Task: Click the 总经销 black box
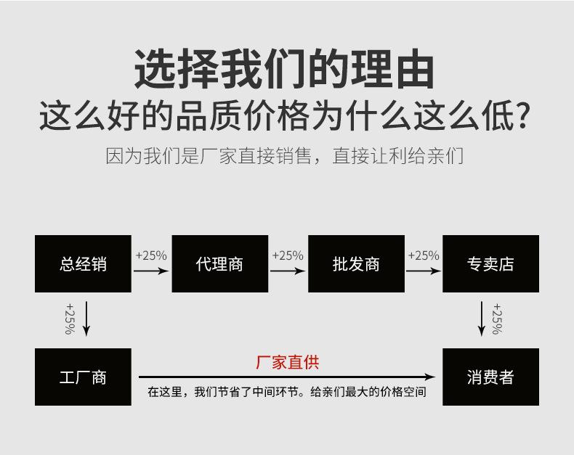[83, 263]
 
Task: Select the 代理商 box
[219, 263]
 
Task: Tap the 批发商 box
[356, 263]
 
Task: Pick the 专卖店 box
[490, 263]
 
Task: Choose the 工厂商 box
[83, 377]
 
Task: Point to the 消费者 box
[490, 377]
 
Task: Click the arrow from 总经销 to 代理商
[151, 271]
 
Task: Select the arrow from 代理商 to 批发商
[288, 271]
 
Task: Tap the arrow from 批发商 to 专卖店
[424, 271]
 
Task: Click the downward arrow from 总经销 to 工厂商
[86, 319]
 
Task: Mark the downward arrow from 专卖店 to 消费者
[481, 319]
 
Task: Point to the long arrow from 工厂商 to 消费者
[287, 377]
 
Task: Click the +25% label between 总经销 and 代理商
[151, 255]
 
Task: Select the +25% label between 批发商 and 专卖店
[424, 255]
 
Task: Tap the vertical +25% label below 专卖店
[497, 319]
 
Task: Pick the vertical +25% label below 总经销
[70, 319]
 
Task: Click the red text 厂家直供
[287, 362]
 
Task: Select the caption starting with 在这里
[287, 392]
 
